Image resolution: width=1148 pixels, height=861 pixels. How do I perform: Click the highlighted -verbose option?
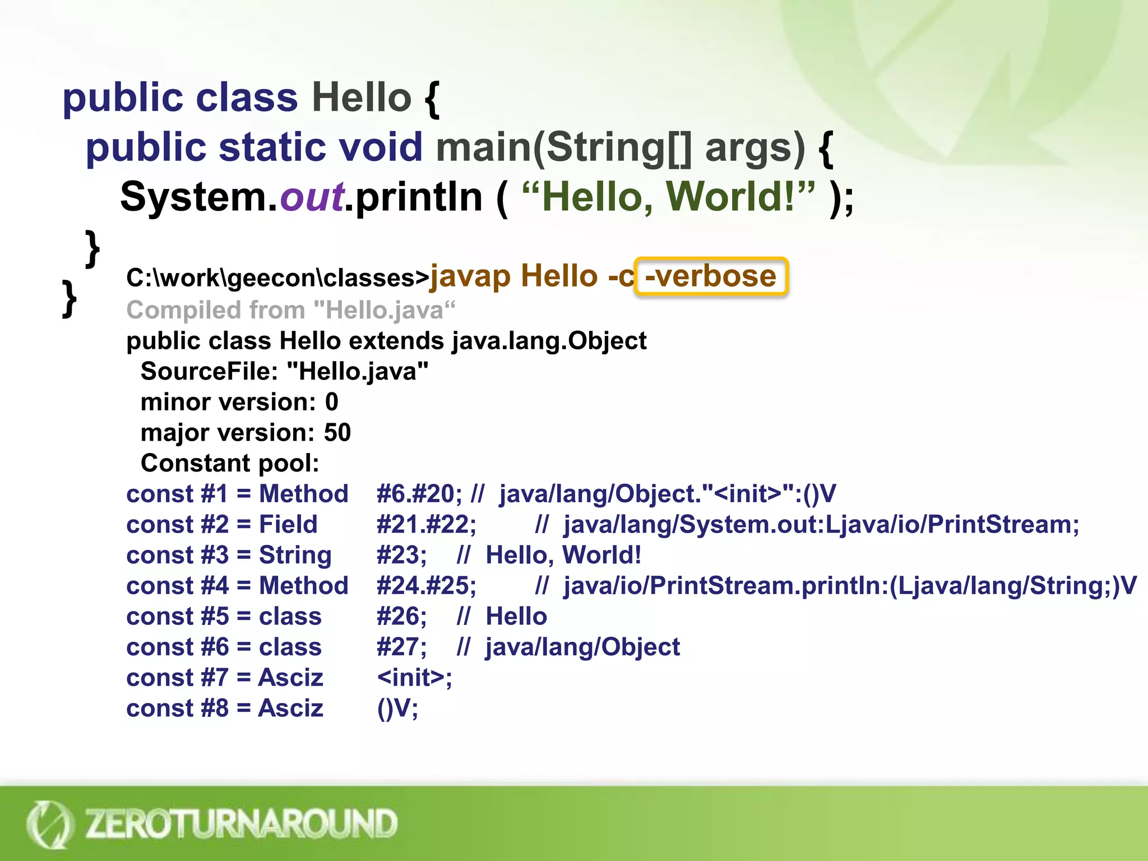[711, 276]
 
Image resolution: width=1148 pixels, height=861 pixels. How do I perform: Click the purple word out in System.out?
[312, 197]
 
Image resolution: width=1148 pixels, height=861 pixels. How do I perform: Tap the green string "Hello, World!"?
[668, 197]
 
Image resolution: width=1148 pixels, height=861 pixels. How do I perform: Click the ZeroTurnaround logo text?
[241, 823]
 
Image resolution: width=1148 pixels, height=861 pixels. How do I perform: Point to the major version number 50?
[337, 433]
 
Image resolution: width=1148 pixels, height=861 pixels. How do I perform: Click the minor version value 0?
[331, 402]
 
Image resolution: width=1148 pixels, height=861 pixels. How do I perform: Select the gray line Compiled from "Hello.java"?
[290, 310]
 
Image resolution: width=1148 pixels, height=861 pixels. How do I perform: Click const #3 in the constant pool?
[177, 555]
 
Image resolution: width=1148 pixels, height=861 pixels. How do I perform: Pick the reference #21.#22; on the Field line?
[426, 525]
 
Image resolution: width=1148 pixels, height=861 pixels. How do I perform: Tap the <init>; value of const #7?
[414, 678]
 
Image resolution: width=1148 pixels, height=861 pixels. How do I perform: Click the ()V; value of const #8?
[397, 709]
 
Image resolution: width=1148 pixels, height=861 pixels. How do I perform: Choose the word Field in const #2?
[288, 525]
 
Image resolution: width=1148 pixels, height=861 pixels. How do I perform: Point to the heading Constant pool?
[230, 463]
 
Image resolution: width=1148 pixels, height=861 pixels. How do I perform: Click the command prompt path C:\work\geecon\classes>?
[277, 278]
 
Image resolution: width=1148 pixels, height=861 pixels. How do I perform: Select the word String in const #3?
[295, 555]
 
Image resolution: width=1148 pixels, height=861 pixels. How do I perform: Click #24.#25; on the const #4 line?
[426, 586]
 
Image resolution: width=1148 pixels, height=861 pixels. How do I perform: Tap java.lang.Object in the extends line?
[549, 341]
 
